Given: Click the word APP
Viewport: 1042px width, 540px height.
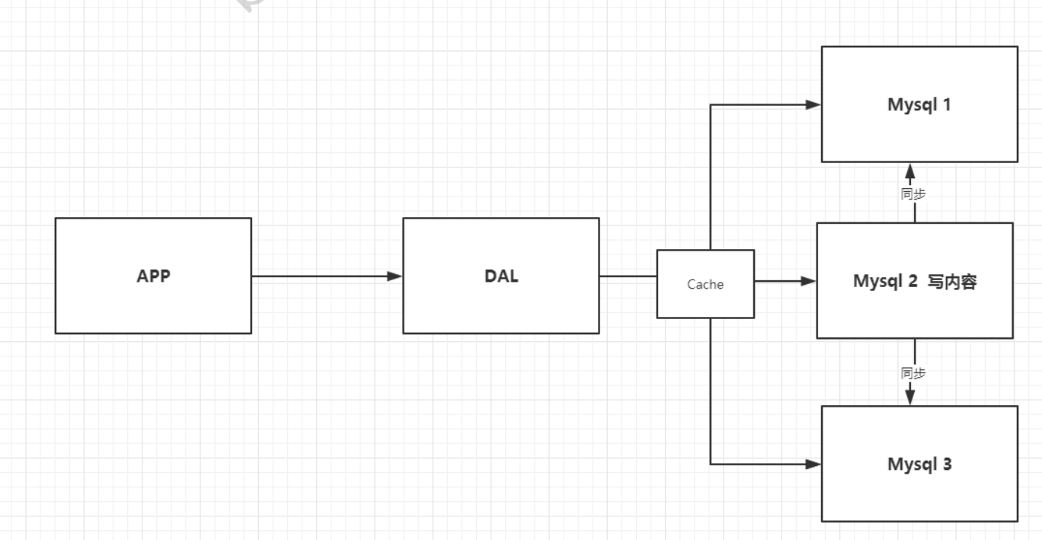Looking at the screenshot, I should (153, 276).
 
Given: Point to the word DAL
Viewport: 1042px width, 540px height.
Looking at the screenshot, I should (501, 276).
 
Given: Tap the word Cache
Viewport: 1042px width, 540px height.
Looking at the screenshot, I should (705, 285).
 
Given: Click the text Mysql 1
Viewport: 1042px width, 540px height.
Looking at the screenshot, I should (919, 104).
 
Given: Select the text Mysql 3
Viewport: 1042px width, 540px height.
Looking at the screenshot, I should (919, 464).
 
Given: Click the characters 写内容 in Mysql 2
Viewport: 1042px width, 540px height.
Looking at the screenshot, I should (952, 282).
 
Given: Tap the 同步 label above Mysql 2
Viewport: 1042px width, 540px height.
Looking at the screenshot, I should (913, 194).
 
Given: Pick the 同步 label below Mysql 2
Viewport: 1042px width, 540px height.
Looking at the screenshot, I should (913, 373).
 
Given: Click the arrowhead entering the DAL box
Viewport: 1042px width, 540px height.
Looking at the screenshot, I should (395, 276).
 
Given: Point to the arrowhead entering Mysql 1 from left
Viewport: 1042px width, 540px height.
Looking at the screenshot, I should (813, 104).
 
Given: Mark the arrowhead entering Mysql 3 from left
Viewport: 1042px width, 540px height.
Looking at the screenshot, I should (813, 463).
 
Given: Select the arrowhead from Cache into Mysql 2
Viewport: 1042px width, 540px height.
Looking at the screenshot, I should (808, 281).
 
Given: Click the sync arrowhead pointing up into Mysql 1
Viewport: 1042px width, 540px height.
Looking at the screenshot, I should (910, 171).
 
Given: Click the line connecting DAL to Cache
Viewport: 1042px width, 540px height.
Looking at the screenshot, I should (628, 276).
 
